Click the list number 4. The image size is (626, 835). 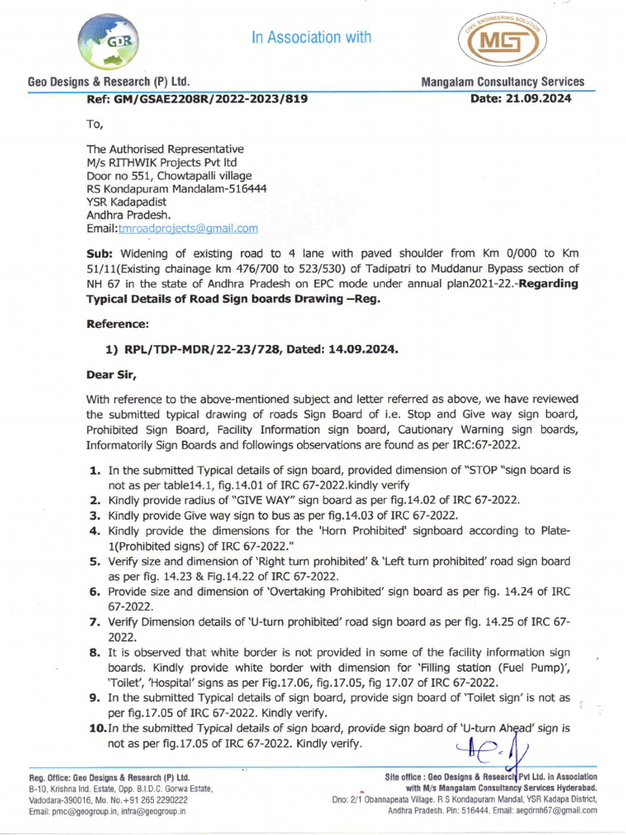pos(95,530)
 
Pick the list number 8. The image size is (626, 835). pos(95,652)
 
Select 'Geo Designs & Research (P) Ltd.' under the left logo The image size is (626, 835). pos(109,82)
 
